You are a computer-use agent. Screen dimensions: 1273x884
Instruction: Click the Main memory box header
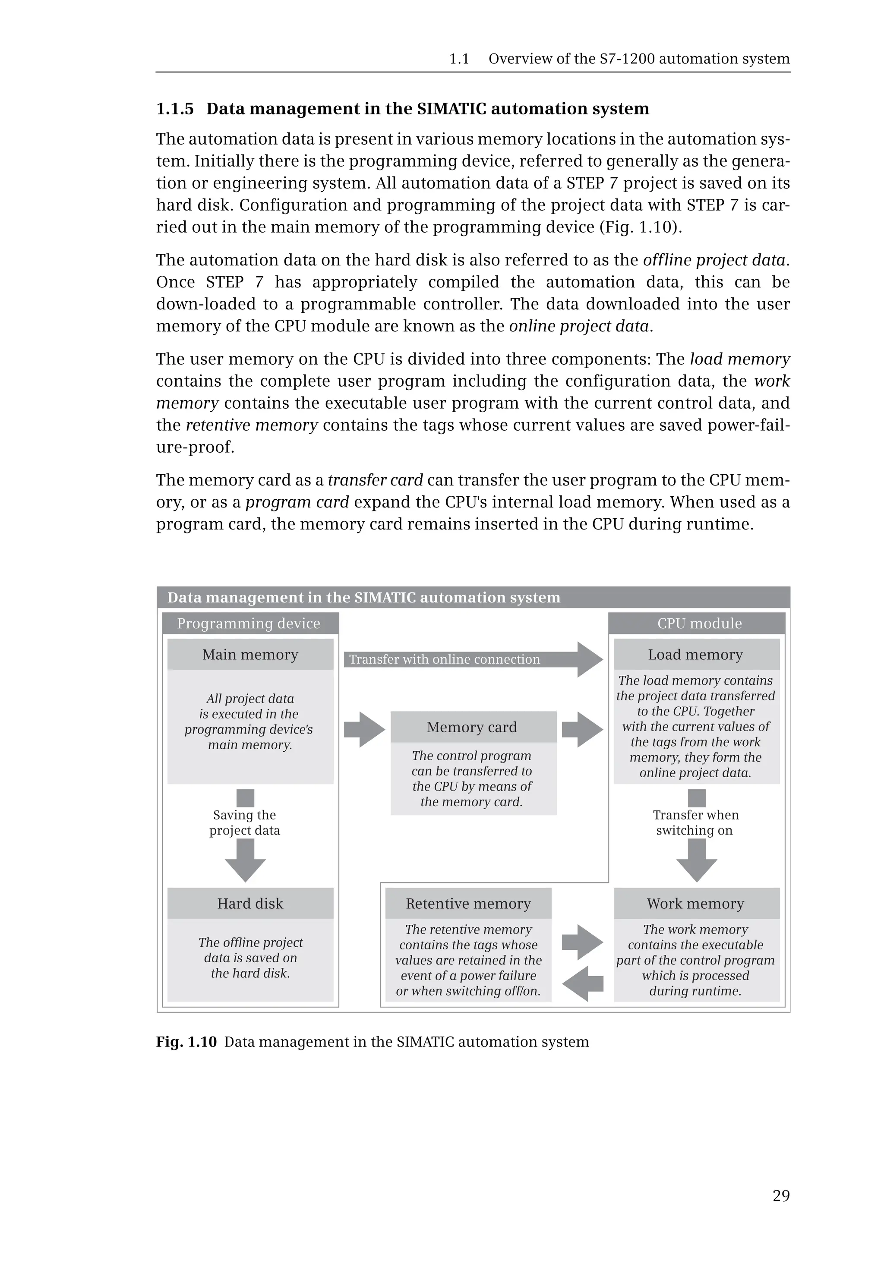250,655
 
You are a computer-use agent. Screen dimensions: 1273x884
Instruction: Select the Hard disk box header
250,904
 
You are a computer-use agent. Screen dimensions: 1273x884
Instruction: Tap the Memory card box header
473,727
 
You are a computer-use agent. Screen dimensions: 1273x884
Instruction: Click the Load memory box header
696,655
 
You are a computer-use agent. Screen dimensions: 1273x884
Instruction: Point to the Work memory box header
696,904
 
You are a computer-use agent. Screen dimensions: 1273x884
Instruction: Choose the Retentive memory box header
469,904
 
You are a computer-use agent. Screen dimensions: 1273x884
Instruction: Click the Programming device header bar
250,624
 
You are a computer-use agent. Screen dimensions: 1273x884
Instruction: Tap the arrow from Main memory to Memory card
364,729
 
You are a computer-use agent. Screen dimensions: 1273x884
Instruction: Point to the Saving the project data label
245,823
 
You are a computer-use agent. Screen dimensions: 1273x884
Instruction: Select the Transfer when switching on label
696,823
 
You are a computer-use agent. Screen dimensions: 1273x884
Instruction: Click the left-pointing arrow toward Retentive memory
581,983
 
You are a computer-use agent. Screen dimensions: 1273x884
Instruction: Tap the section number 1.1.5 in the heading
175,109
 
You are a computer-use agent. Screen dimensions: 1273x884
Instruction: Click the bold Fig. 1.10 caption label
186,1042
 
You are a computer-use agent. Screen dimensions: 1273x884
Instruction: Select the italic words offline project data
714,260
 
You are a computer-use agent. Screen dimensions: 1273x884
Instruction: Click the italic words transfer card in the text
375,480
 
